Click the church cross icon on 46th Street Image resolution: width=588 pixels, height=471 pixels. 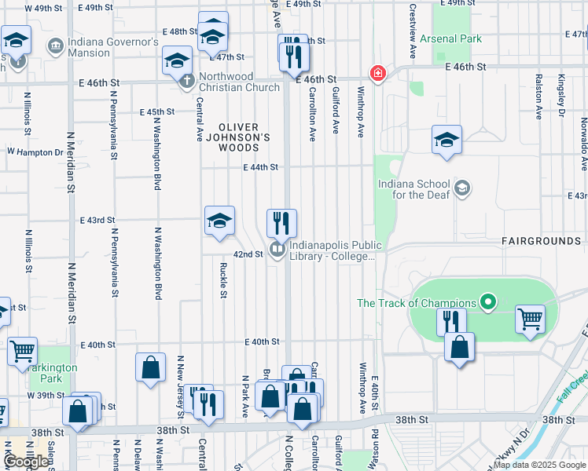pyautogui.click(x=187, y=81)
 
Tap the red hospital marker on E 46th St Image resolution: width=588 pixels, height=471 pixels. pyautogui.click(x=378, y=74)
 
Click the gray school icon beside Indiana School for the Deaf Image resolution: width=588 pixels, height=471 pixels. pyautogui.click(x=463, y=188)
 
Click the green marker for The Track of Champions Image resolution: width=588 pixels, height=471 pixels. pyautogui.click(x=488, y=302)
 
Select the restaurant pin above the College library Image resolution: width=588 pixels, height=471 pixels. pyautogui.click(x=281, y=224)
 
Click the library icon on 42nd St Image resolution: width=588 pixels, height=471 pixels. pyautogui.click(x=277, y=250)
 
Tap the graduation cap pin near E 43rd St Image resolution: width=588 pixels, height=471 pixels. pyautogui.click(x=220, y=221)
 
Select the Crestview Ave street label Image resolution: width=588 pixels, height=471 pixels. pyautogui.click(x=413, y=31)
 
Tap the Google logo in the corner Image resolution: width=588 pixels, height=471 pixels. pyautogui.click(x=27, y=462)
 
